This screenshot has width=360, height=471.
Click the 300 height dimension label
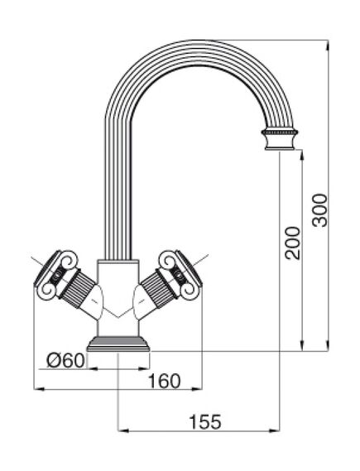coord(319,209)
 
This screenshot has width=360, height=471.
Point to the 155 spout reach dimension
coord(204,421)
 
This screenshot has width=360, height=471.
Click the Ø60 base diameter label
coord(65,359)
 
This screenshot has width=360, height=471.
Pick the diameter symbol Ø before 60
coord(54,359)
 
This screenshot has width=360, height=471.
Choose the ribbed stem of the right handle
coord(155,289)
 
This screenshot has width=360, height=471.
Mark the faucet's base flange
coord(118,344)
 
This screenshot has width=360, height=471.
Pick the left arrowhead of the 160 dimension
coord(36,388)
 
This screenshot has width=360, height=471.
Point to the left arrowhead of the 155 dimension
coord(122,430)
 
